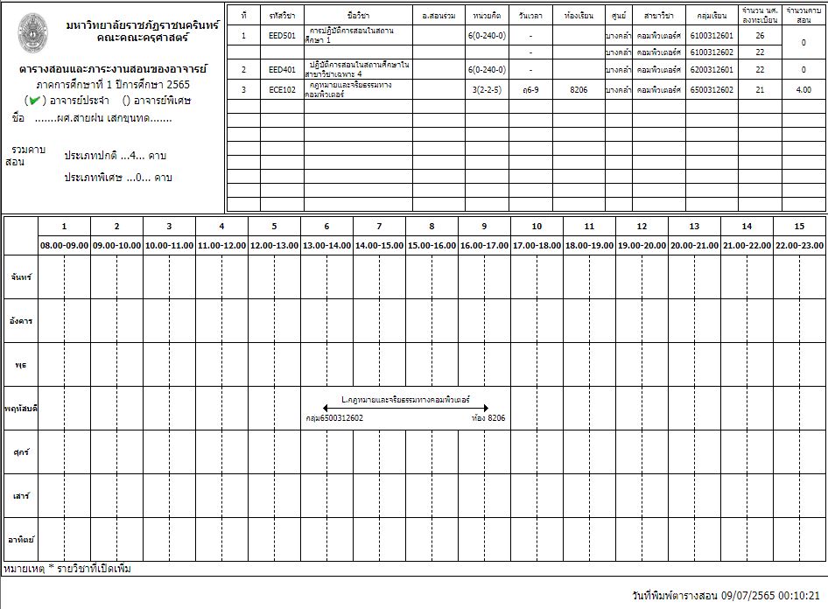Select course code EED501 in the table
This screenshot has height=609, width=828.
tap(282, 36)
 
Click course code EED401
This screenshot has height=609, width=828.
tap(282, 69)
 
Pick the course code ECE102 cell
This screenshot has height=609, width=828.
tap(282, 89)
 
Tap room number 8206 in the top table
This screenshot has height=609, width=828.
tap(578, 89)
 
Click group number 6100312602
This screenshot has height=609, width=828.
tap(711, 52)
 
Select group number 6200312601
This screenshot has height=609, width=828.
tap(711, 69)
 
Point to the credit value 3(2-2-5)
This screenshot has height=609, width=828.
tap(487, 89)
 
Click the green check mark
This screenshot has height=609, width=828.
tap(34, 100)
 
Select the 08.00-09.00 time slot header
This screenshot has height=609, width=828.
tap(64, 246)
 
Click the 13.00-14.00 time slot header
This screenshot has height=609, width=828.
tap(326, 246)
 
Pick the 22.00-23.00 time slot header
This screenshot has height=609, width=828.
tap(799, 246)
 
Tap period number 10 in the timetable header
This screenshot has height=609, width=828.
tap(537, 226)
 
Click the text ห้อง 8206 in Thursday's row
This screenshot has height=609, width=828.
tap(488, 418)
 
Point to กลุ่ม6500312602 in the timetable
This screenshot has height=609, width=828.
tap(334, 418)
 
